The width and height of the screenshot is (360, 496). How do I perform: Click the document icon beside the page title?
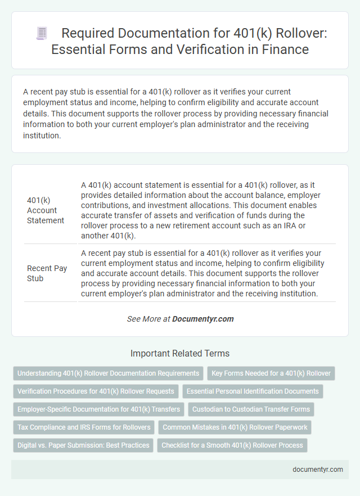coord(42,34)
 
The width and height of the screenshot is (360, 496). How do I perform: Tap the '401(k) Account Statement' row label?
coord(46,210)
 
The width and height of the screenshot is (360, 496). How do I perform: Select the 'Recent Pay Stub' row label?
coord(47,273)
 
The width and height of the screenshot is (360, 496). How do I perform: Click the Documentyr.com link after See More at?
coord(202,319)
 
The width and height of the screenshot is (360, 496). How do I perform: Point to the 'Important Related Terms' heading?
coord(179,354)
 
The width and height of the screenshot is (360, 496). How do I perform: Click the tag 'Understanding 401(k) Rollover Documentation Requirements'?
coord(108,373)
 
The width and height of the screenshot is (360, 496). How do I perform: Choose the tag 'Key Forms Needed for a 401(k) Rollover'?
coord(271,373)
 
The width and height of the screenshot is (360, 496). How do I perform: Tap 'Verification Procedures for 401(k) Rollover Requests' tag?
coord(96,391)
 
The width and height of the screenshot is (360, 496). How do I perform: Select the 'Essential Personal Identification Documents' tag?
coord(253,391)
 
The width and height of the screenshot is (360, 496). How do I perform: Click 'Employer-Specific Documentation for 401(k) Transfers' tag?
coord(99,409)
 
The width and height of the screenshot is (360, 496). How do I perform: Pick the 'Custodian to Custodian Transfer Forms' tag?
coord(251,409)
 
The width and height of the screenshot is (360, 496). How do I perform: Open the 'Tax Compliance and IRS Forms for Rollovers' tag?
coord(84,427)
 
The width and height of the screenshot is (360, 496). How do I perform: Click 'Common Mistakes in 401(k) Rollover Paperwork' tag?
coord(235,427)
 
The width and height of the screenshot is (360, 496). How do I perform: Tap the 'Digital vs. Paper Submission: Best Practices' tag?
coord(83,445)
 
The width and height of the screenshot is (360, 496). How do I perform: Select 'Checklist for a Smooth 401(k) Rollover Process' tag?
coord(232,445)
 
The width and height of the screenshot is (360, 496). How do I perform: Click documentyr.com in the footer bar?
coord(318,470)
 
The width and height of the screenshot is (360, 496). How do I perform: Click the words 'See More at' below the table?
coord(148,319)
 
